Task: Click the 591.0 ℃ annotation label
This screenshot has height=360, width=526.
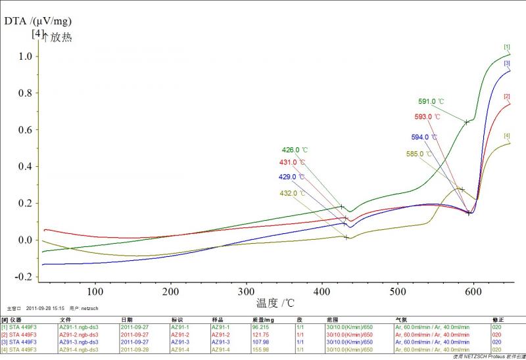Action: point(431,102)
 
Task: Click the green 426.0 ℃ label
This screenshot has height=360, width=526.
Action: point(295,150)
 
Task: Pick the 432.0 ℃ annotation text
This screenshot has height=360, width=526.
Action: point(293,194)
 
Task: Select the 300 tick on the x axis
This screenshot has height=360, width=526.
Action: point(246,291)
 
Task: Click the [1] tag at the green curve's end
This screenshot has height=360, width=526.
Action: point(507,47)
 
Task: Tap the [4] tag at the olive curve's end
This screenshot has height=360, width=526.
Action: point(507,136)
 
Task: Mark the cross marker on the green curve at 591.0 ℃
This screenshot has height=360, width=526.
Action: point(466,122)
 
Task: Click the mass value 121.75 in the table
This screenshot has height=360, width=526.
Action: point(261,334)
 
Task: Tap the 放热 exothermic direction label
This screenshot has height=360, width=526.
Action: point(60,37)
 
